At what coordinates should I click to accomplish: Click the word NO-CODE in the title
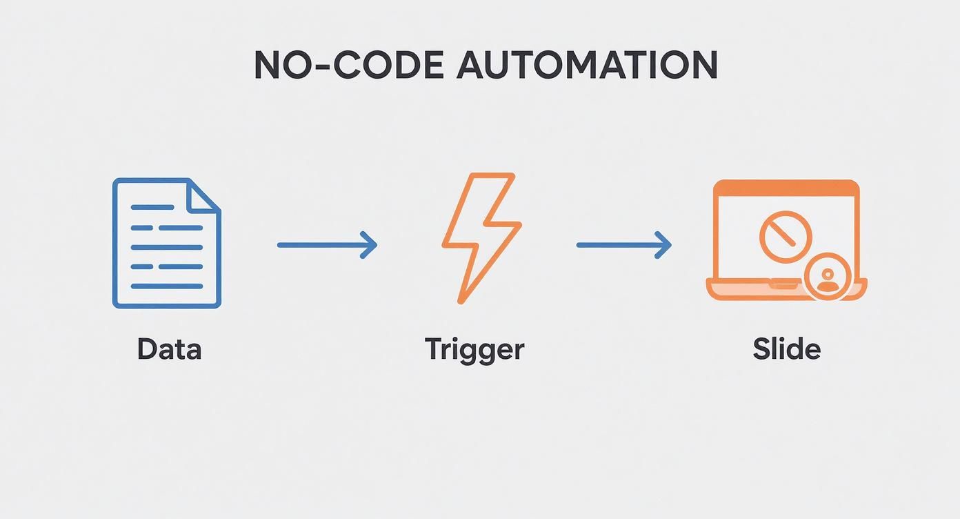(x=349, y=66)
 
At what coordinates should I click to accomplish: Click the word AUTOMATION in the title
(x=587, y=66)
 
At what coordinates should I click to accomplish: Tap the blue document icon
(x=166, y=243)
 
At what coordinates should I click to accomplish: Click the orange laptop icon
(x=786, y=240)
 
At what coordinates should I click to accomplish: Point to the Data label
(x=169, y=349)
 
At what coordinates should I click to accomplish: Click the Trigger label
(x=474, y=350)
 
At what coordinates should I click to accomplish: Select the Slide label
(x=786, y=349)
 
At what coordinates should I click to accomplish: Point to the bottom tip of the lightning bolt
(x=461, y=300)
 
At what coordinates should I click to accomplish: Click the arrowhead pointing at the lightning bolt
(x=371, y=245)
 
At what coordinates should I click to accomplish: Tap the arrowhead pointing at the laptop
(x=665, y=245)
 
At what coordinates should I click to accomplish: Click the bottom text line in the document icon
(x=166, y=286)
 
